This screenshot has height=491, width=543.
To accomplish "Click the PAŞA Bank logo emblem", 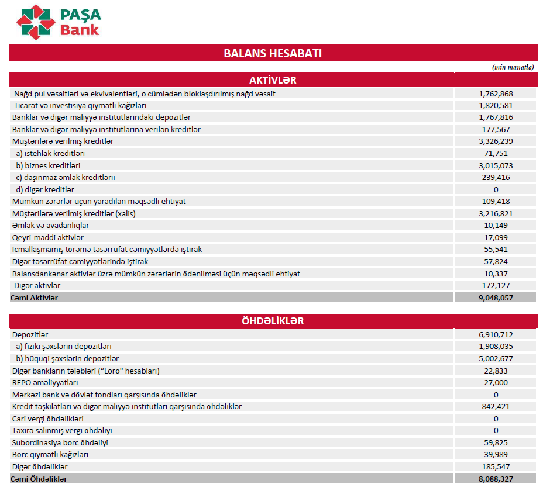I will point(36,21).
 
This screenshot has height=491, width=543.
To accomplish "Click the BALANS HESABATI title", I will point(273,53).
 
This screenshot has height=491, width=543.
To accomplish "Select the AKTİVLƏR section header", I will point(273,80).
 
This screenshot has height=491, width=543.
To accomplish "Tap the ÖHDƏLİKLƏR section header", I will point(273,321).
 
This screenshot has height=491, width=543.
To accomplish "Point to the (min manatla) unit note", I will point(513,67).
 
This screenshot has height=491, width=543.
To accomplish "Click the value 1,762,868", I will point(496,94).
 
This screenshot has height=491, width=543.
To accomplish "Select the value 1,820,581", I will point(496,106).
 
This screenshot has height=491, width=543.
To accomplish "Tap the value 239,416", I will point(496,177).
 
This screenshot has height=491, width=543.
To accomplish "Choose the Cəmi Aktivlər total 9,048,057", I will point(496,298).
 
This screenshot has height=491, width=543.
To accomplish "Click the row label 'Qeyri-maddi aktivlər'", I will point(48,237).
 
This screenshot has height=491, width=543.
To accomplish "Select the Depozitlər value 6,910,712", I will point(496,335).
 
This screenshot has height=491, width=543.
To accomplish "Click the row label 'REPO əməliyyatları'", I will point(45,383).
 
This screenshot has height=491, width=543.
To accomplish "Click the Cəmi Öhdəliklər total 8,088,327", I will point(496,479).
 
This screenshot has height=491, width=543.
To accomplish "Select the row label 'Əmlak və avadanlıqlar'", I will point(51,226).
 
